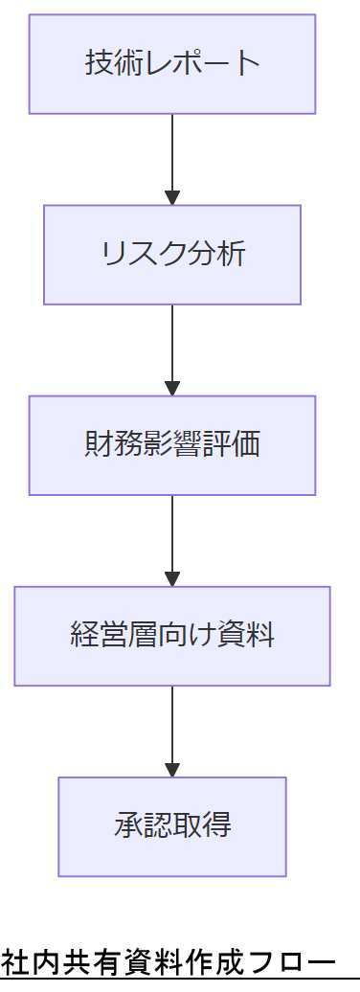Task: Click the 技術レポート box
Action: [172, 64]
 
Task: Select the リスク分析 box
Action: [172, 255]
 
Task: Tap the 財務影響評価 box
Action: [172, 445]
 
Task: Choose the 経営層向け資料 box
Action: [172, 636]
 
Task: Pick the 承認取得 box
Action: [172, 826]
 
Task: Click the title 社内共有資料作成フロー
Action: [169, 960]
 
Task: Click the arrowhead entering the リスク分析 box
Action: [172, 198]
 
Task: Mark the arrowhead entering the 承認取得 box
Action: [172, 770]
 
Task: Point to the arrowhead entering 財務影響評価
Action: [172, 389]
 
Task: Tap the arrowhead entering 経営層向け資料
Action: [172, 579]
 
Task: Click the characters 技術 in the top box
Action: [107, 64]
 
